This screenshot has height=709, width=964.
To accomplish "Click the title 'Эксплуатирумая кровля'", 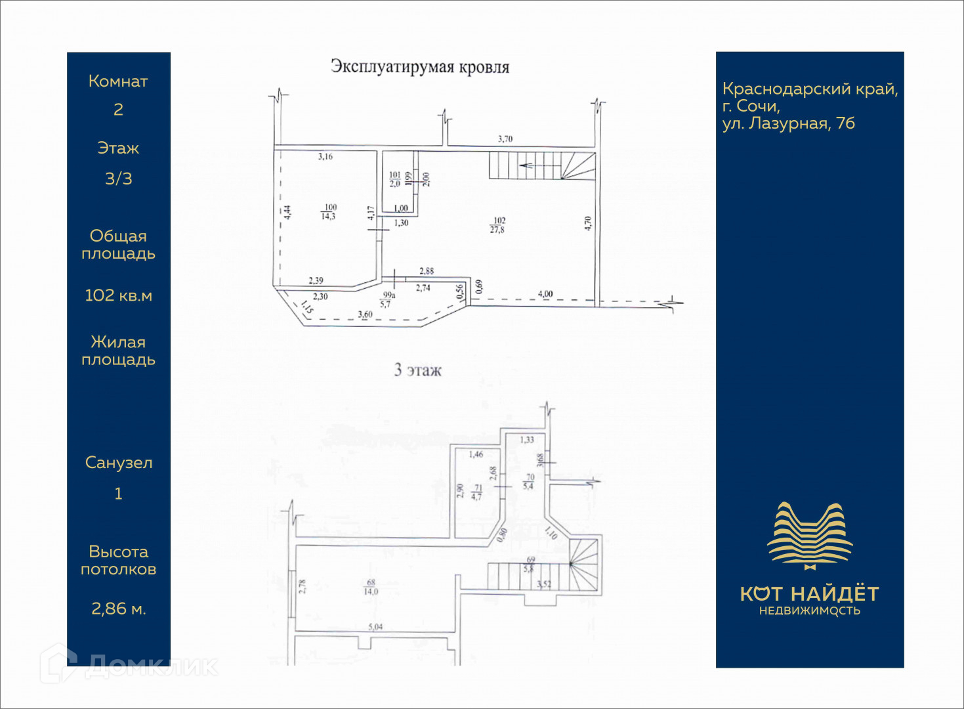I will (420, 67).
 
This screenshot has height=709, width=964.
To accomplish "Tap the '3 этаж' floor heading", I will (418, 370).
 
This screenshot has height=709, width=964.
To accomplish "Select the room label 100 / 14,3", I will (329, 212).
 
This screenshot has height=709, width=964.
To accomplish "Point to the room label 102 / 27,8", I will (498, 225).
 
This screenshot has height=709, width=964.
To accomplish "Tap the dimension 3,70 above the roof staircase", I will (505, 139).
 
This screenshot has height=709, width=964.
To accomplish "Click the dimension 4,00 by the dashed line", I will (545, 294).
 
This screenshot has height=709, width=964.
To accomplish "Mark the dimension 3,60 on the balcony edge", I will (365, 315).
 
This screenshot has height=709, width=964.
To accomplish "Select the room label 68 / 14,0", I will (371, 587).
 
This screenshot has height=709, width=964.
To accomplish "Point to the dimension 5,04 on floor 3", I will (375, 627).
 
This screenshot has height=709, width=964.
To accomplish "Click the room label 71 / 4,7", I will (476, 492).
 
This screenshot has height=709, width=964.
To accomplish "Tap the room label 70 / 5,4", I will (528, 482).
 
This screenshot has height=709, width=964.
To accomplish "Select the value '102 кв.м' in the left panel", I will (118, 295).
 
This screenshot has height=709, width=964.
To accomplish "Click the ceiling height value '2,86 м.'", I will (118, 609).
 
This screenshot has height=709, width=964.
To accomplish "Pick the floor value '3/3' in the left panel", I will (118, 178).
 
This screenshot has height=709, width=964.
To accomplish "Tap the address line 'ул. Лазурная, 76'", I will (788, 123).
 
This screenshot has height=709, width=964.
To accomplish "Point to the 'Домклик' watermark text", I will (151, 666).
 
